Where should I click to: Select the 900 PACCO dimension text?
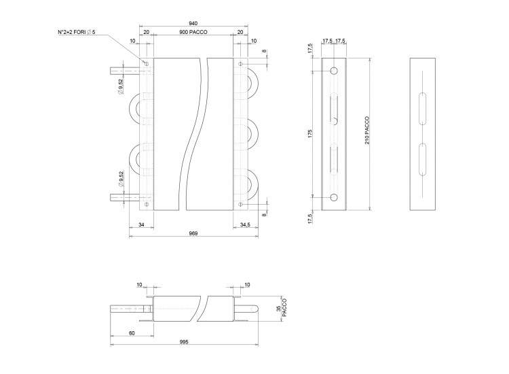tap(193, 33)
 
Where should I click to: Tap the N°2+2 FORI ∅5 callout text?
tap(80, 32)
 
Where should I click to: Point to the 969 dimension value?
tap(193, 233)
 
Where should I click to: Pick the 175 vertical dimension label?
tap(309, 134)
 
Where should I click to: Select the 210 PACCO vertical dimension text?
tap(366, 129)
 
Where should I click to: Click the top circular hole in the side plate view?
tap(334, 71)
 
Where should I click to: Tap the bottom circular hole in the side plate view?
tap(334, 197)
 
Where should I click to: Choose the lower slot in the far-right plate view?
tap(422, 160)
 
